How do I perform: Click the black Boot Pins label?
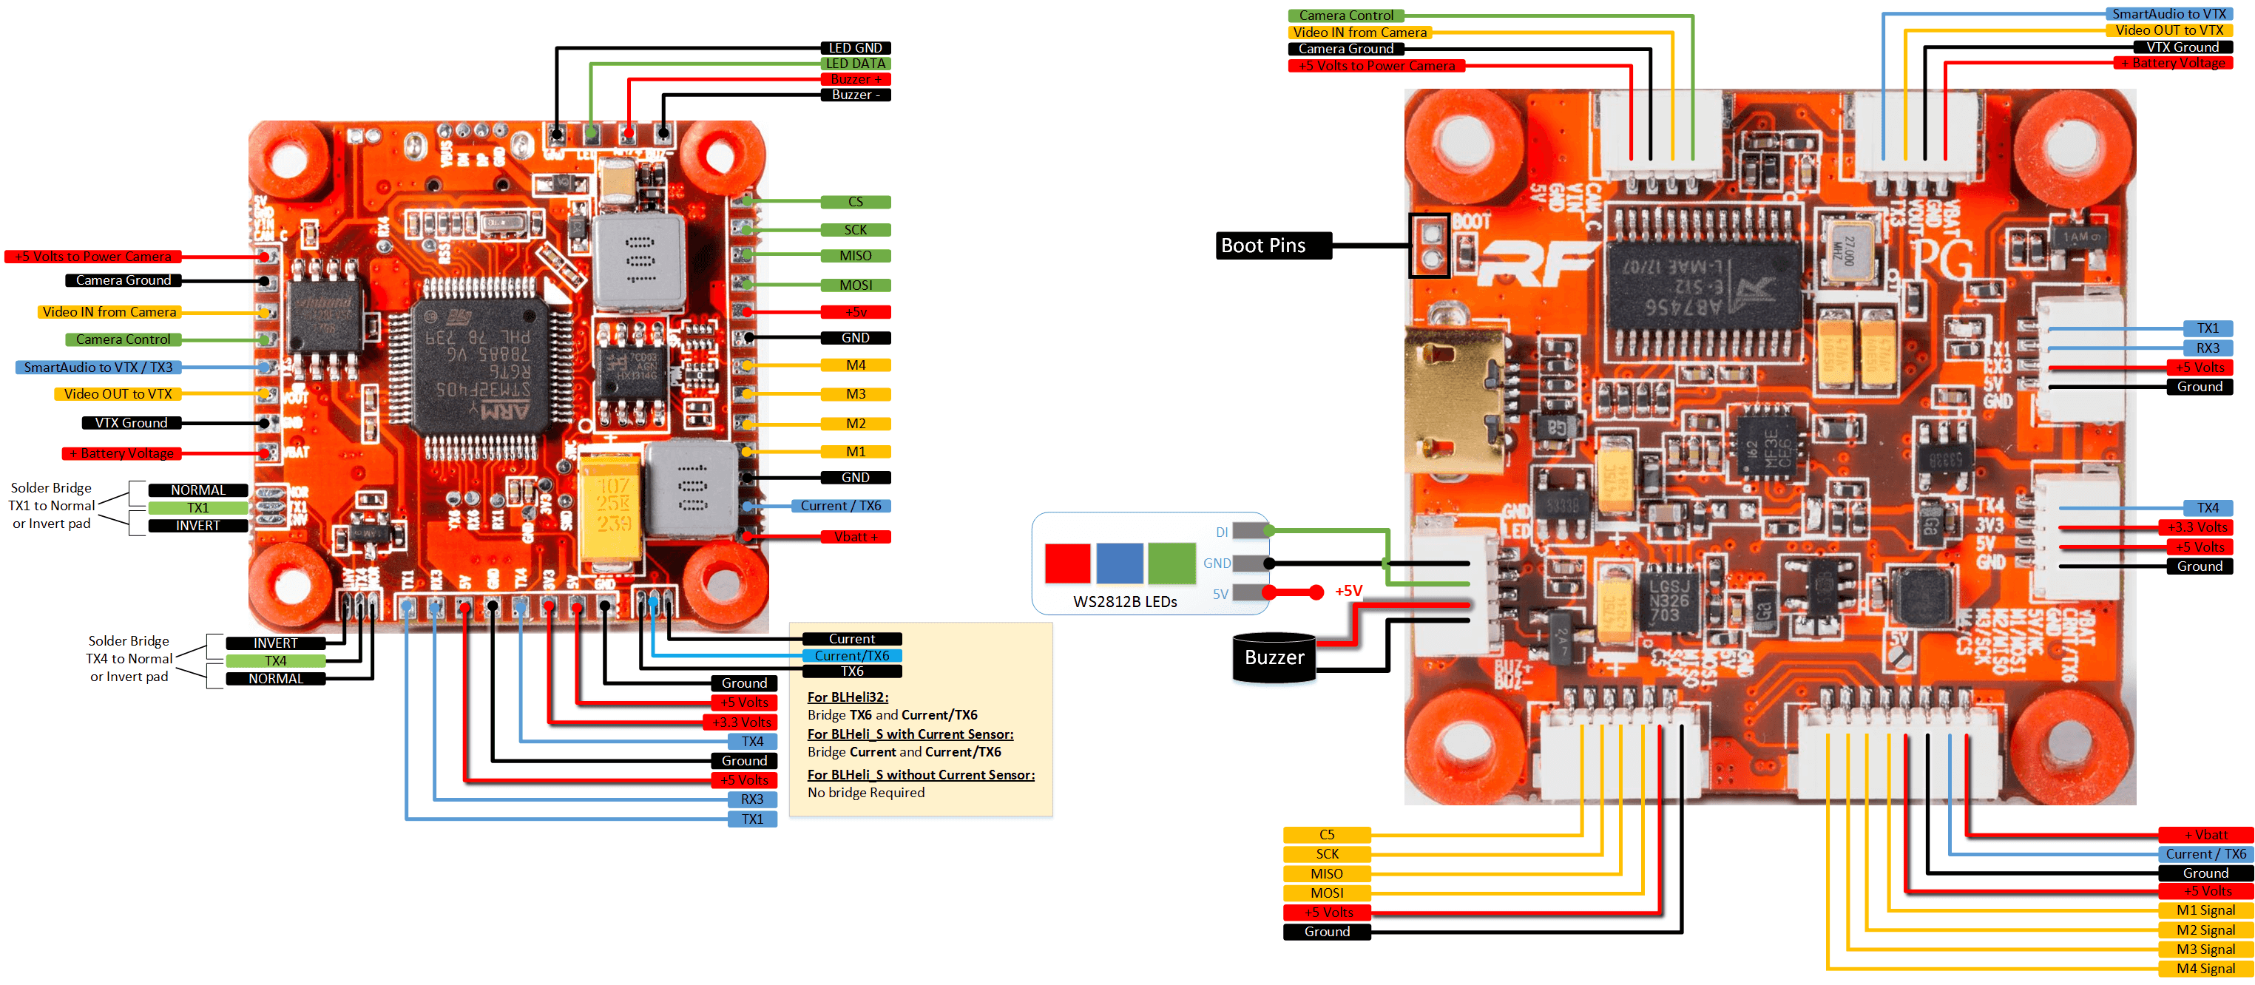pos(1273,246)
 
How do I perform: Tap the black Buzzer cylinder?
pos(1274,657)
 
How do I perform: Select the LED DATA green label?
pos(855,64)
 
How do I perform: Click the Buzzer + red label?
pos(855,80)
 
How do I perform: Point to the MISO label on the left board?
pos(855,257)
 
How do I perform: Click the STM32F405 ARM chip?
pos(481,368)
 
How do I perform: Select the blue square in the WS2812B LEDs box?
pos(1120,563)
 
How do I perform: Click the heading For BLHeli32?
pos(848,697)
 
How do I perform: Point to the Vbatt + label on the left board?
pos(855,537)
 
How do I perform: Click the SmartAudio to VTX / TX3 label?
pos(98,368)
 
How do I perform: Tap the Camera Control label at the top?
pos(1345,16)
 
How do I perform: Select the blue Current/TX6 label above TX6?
pos(852,656)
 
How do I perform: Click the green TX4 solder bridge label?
pos(275,661)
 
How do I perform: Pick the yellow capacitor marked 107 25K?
pos(612,506)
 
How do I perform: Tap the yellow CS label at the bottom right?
pos(1326,834)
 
